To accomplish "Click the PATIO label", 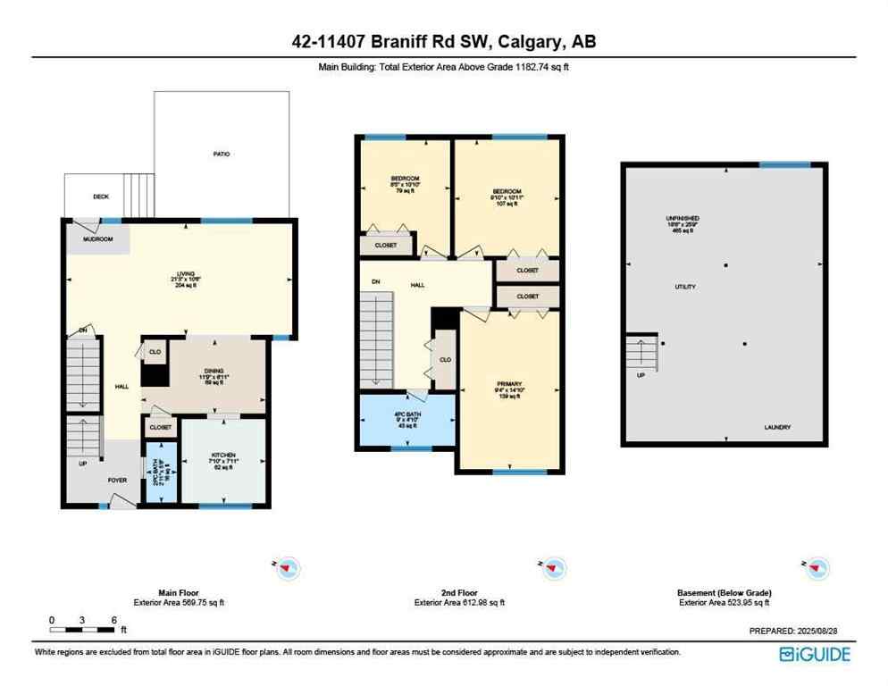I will point(222,155).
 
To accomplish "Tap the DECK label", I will point(101,197).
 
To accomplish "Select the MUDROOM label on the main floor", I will point(98,239).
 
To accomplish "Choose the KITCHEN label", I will point(222,456).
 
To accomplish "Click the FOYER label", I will point(118,481).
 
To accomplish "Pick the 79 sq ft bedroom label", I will point(405,180).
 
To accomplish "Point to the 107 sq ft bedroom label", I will point(506,191).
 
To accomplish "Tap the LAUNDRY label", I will point(777,428).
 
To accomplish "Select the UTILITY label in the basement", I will point(684,287).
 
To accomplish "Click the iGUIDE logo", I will point(815,654).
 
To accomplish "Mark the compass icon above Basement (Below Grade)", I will point(817,567).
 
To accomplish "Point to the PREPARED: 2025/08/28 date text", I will point(800,631).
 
